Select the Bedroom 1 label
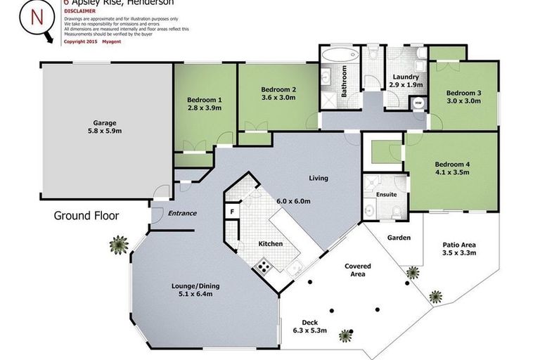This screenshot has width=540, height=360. click(x=204, y=99)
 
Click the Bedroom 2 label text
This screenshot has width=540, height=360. click(x=278, y=89)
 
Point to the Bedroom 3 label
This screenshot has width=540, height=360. click(x=463, y=93)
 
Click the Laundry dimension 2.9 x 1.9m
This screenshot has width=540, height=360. click(x=406, y=85)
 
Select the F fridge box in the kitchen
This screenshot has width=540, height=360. click(x=231, y=211)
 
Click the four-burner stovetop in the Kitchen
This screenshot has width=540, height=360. click(x=264, y=265)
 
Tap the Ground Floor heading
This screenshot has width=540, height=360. click(x=86, y=216)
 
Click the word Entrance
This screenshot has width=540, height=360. click(x=182, y=213)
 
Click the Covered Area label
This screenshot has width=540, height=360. click(x=357, y=270)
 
